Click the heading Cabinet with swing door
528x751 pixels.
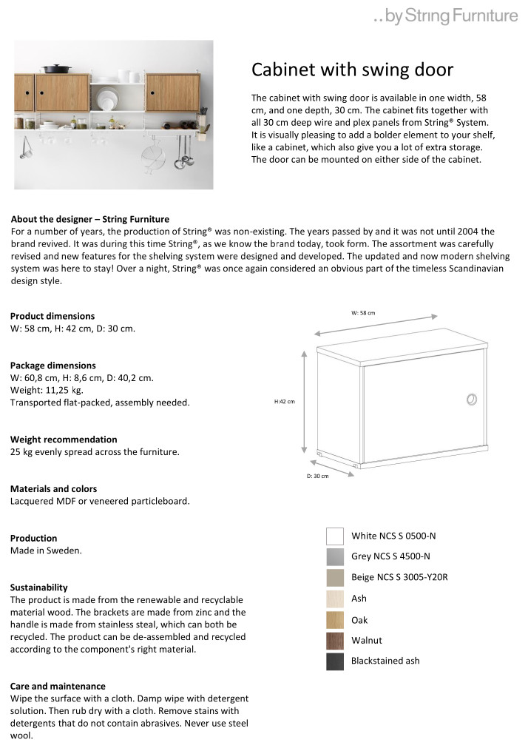352,70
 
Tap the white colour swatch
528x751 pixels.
335,536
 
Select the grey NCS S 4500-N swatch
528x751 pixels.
335,556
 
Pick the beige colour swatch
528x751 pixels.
335,578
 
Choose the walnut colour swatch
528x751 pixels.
335,641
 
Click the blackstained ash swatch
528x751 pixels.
335,661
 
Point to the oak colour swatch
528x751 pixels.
335,620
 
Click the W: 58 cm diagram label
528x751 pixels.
363,313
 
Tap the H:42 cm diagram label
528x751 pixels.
285,402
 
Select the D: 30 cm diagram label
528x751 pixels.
317,476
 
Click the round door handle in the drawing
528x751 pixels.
471,400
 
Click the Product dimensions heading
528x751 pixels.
53,316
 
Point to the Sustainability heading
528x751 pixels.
39,587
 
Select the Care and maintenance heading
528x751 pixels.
58,686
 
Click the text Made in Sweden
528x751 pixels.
46,550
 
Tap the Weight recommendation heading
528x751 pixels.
64,440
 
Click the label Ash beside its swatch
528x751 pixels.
359,599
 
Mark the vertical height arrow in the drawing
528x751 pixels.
304,403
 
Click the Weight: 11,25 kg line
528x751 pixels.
47,390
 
